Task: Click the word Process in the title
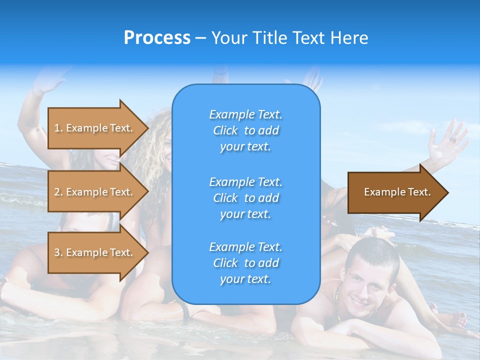[x=157, y=38]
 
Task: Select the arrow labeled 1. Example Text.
[x=95, y=128]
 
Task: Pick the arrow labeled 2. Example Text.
[x=95, y=192]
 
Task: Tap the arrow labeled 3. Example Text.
[x=95, y=252]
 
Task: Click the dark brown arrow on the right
[x=395, y=192]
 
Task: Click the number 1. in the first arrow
[x=58, y=128]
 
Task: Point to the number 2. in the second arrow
[x=58, y=192]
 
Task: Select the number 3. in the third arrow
[x=58, y=252]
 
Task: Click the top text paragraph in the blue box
[x=245, y=130]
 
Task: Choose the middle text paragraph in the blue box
[x=245, y=197]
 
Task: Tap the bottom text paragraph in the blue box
[x=245, y=263]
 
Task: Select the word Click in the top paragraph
[x=225, y=130]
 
